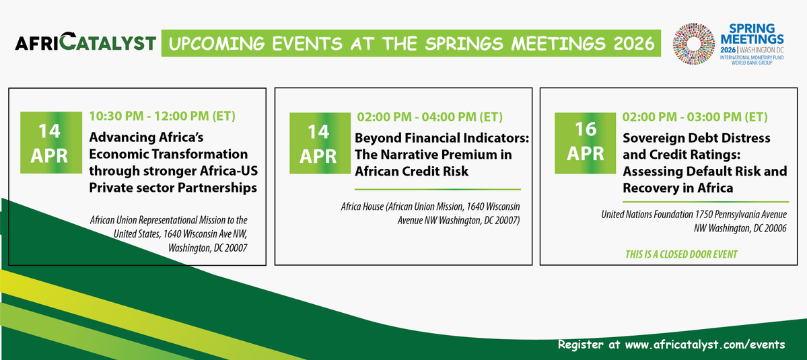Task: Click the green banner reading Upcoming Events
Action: click(411, 44)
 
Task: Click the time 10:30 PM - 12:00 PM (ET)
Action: click(162, 116)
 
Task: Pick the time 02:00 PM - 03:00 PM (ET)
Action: click(695, 116)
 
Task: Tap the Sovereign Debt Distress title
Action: click(705, 162)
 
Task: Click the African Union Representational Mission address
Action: click(169, 233)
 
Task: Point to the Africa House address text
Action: click(431, 213)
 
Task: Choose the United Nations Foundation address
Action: click(695, 221)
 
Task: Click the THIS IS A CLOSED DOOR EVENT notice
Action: click(681, 254)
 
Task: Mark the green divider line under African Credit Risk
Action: click(437, 189)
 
